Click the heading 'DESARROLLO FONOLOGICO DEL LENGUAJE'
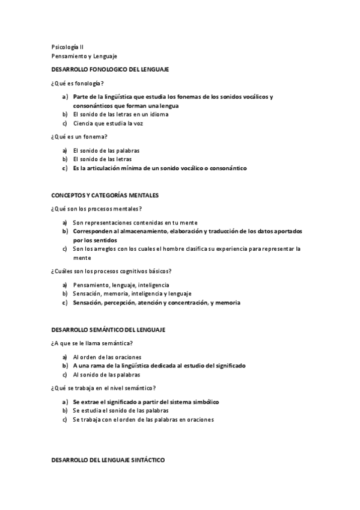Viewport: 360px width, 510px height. coord(109,70)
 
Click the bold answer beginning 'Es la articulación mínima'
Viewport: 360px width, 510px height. coord(160,168)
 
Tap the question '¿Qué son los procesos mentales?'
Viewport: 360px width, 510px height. coord(96,209)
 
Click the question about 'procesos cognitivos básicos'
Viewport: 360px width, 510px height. coord(111,271)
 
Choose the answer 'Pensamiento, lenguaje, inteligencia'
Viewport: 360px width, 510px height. coord(121,284)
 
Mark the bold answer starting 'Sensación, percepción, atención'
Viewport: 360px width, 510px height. coord(156,303)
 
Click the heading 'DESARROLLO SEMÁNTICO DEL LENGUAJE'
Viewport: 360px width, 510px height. coord(108,330)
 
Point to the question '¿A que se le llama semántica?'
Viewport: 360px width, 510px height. coord(92,343)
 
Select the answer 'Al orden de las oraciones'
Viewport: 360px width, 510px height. coord(108,357)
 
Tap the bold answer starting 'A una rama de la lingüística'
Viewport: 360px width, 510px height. coord(159,365)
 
